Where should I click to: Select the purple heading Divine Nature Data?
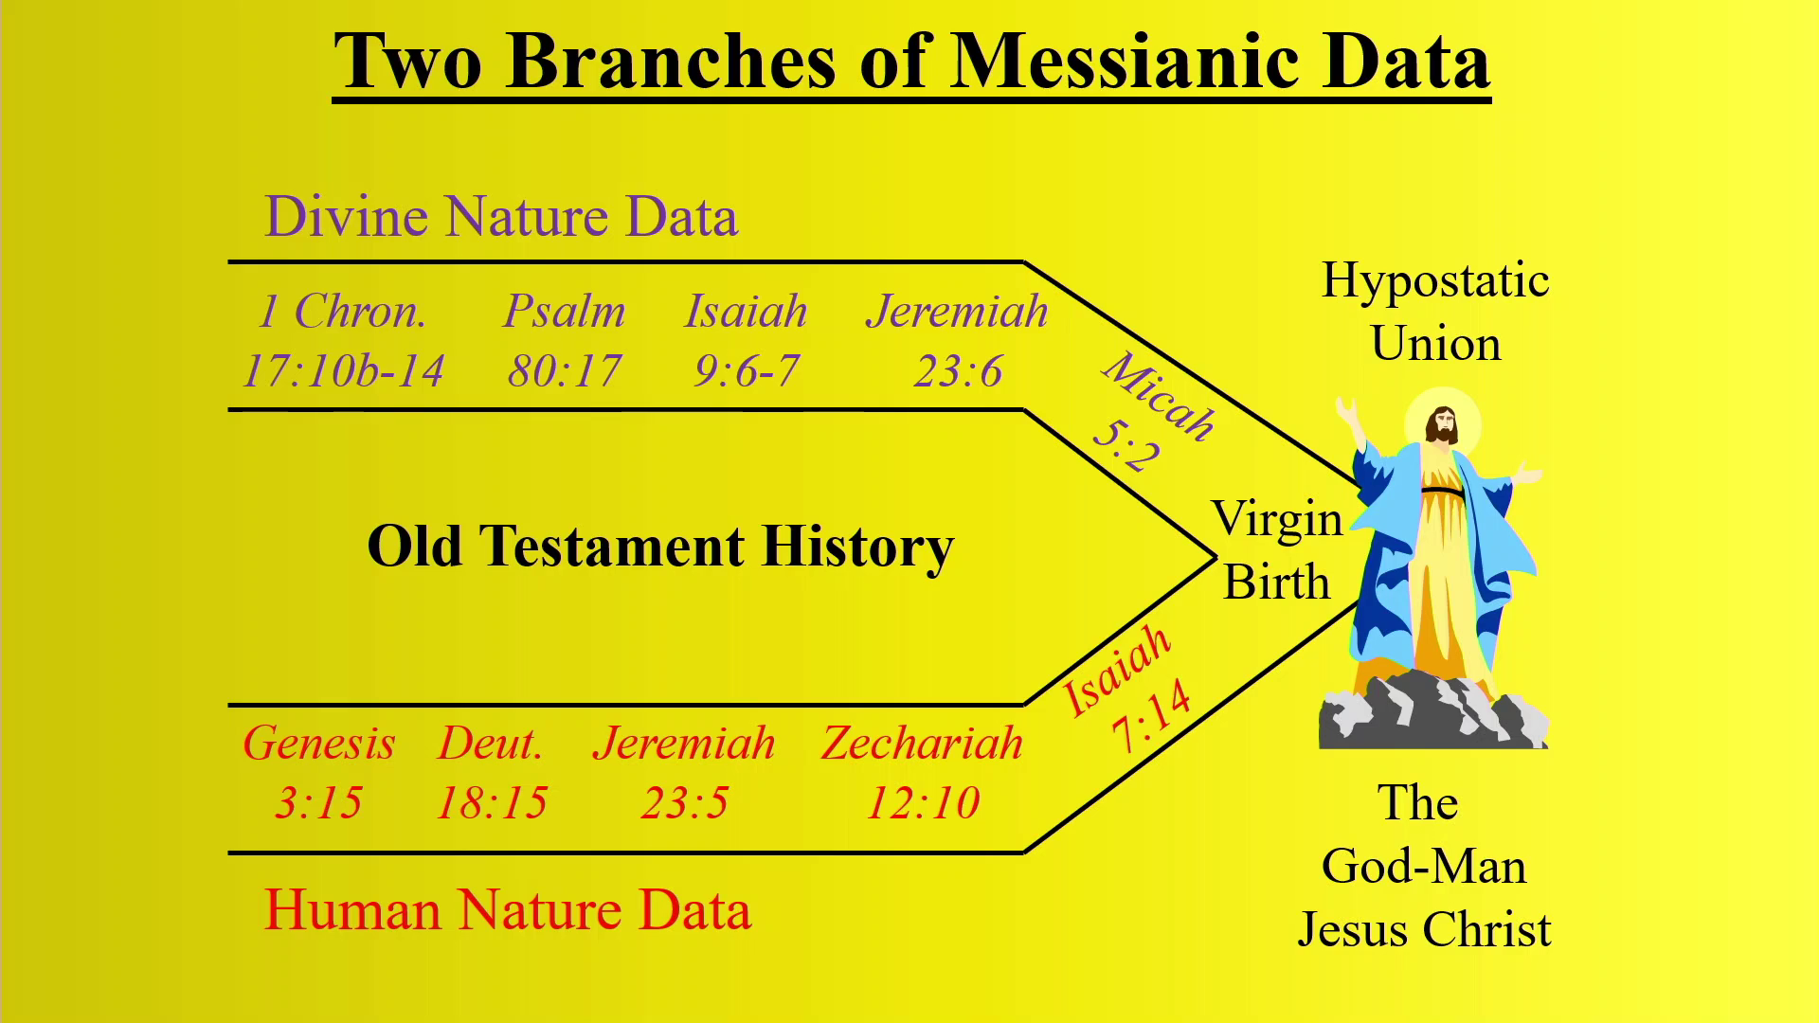[501, 216]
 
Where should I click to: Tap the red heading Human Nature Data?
[508, 909]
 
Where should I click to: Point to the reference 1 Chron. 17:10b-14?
[343, 341]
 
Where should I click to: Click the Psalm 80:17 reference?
[565, 341]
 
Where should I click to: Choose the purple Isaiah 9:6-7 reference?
[747, 341]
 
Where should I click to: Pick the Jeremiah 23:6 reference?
[958, 341]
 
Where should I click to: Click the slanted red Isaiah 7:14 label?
[1126, 688]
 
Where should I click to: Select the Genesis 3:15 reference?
[319, 772]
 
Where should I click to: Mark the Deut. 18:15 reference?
[491, 772]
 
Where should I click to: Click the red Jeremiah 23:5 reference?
[684, 772]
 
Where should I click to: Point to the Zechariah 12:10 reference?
[923, 772]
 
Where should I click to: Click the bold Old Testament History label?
[660, 547]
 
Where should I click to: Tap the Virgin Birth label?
[1277, 550]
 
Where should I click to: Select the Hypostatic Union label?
[1435, 312]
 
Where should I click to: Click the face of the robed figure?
[1443, 425]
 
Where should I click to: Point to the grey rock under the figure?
[1433, 709]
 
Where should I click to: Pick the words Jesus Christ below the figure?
[1424, 929]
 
